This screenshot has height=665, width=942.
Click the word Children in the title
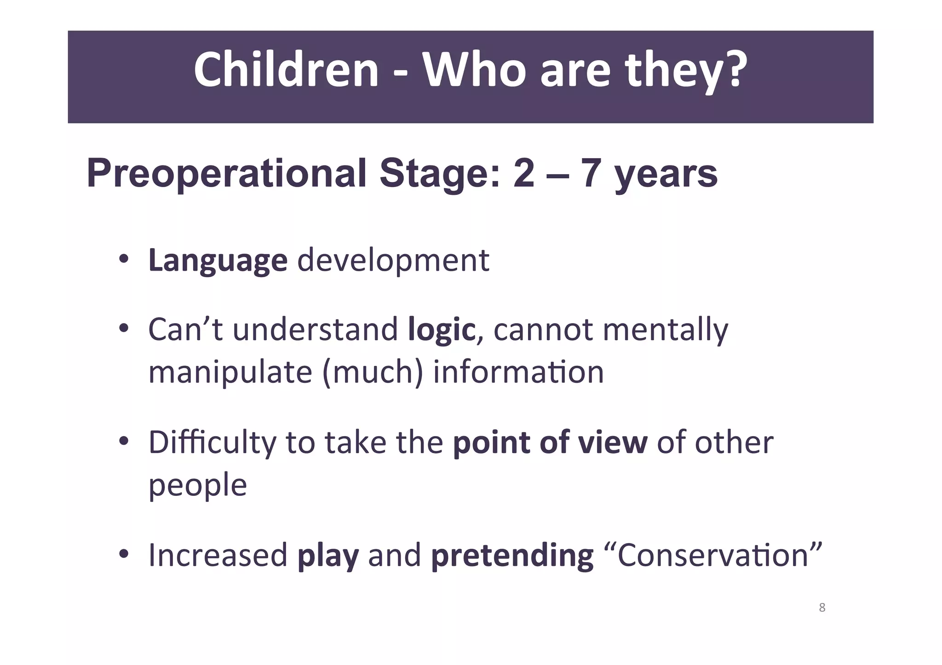pyautogui.click(x=286, y=70)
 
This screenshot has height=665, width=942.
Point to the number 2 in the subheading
pyautogui.click(x=524, y=173)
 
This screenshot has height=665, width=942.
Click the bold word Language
pyautogui.click(x=218, y=261)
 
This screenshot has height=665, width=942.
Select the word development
pyautogui.click(x=393, y=261)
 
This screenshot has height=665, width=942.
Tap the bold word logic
pyautogui.click(x=441, y=330)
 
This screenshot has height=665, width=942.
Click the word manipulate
pyautogui.click(x=230, y=373)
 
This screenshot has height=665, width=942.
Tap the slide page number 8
pyautogui.click(x=822, y=608)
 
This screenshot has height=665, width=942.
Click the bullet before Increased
pyautogui.click(x=123, y=554)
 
